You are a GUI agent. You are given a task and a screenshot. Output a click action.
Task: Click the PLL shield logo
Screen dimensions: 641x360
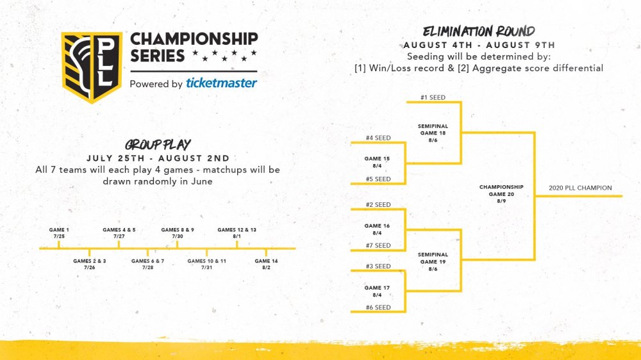click(92, 67)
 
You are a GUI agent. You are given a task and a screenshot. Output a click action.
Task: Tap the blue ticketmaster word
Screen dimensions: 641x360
click(222, 83)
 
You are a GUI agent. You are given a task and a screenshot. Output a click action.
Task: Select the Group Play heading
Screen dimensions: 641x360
click(158, 145)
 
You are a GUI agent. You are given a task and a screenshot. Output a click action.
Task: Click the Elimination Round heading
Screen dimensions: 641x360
click(479, 31)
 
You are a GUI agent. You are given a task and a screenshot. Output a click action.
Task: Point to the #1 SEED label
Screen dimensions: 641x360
click(433, 97)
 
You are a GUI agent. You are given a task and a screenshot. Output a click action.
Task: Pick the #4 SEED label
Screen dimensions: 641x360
click(378, 138)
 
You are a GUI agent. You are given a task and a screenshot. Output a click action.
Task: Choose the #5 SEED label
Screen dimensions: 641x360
click(378, 179)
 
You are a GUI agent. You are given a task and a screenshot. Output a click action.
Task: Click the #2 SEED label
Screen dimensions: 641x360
click(378, 204)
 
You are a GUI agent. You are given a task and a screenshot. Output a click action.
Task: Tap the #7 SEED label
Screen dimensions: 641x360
click(378, 245)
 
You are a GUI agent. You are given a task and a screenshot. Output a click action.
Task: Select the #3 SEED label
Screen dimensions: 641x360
click(378, 266)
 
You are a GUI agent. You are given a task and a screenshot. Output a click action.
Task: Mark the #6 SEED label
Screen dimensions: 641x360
click(378, 307)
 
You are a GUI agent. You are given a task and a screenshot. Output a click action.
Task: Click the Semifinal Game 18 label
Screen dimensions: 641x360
click(433, 133)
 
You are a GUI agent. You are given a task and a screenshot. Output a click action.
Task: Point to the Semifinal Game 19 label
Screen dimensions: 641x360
click(433, 261)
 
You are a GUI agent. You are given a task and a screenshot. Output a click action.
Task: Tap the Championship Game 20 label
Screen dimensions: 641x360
click(501, 193)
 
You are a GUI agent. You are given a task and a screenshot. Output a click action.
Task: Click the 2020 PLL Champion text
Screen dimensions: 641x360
click(580, 188)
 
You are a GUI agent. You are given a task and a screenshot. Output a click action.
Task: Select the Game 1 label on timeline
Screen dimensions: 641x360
click(59, 233)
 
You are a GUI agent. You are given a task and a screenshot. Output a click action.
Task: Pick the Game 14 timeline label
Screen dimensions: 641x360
click(266, 264)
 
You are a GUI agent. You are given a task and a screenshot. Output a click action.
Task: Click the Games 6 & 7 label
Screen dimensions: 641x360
click(147, 264)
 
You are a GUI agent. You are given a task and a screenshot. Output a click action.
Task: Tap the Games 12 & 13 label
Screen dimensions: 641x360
click(237, 233)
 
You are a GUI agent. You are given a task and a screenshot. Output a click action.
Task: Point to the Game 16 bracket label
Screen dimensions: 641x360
click(377, 229)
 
